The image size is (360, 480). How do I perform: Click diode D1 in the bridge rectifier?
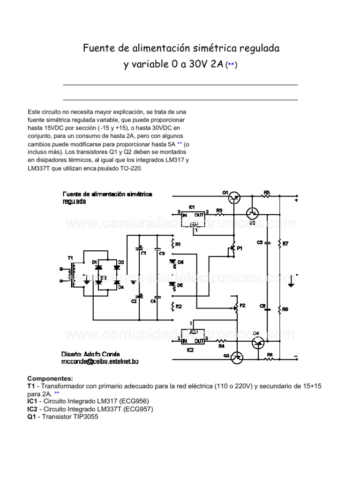[x=98, y=268]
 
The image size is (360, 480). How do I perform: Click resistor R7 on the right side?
[x=279, y=244]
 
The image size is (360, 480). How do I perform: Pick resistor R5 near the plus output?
[x=266, y=195]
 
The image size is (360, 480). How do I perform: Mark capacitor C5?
[x=267, y=243]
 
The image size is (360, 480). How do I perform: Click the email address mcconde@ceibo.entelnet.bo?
[x=99, y=362]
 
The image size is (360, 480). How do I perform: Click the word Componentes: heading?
[x=50, y=378]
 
